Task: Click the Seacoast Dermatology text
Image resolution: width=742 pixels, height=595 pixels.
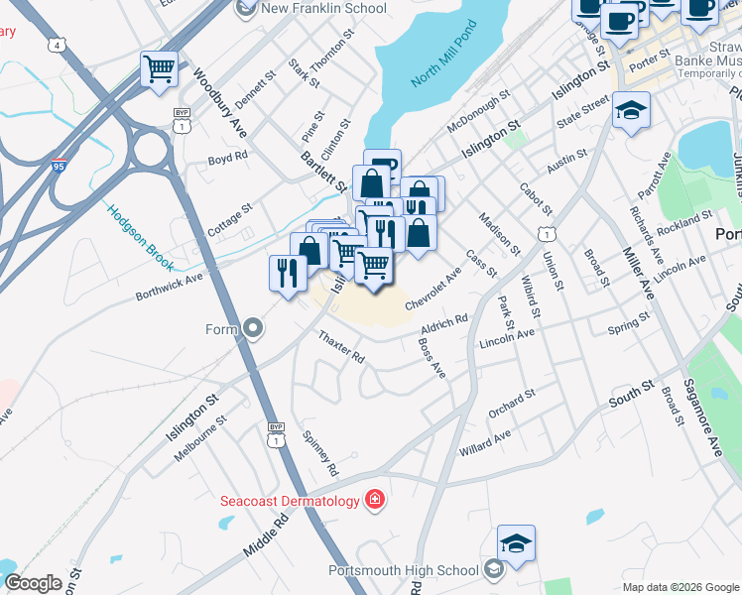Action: point(289,501)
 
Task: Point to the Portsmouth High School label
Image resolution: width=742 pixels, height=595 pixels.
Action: point(403,570)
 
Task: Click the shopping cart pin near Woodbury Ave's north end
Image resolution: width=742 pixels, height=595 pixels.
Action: point(159,69)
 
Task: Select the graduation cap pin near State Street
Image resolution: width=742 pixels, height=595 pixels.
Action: point(630,110)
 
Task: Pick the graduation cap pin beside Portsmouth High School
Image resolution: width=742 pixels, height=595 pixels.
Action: point(517,543)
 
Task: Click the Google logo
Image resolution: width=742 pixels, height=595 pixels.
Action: point(33,582)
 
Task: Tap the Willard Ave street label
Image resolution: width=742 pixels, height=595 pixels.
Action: point(484,442)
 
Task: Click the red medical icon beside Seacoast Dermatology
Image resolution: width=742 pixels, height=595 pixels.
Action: point(375,500)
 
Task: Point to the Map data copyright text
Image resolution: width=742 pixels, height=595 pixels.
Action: point(680,587)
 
